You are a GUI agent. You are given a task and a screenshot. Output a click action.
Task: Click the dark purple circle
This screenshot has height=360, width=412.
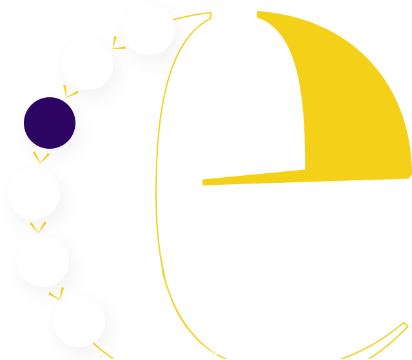(50, 123)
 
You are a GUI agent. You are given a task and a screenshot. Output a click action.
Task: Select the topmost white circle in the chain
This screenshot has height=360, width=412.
(148, 30)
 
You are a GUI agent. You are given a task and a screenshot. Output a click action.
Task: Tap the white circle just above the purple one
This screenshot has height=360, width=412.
(88, 64)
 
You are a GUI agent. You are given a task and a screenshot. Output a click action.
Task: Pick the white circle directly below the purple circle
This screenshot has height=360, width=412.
(34, 193)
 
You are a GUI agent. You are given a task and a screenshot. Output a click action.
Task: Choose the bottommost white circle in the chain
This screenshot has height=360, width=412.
(79, 321)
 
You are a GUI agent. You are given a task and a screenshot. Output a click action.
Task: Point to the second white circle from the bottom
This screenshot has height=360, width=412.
(43, 261)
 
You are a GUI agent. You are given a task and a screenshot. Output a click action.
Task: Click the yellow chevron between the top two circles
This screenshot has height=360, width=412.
(118, 44)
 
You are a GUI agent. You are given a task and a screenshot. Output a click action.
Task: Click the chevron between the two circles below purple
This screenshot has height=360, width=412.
(38, 227)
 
